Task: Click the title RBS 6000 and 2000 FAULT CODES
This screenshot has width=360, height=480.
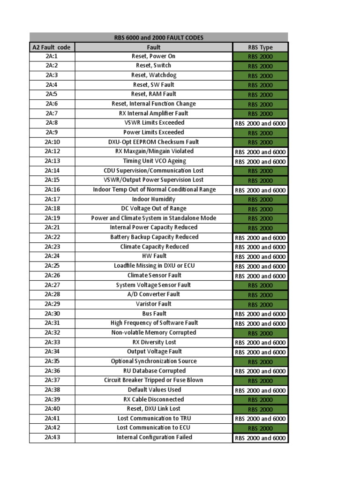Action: [159, 37]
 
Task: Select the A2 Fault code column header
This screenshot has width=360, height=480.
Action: [52, 47]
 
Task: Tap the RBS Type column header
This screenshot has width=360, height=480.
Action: [260, 47]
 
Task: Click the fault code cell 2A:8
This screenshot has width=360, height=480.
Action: [52, 123]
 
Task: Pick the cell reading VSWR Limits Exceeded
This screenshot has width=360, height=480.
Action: [153, 123]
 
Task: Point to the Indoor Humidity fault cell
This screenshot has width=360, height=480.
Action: [153, 199]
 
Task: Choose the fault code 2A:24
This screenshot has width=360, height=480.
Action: [52, 256]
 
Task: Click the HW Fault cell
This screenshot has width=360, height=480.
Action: [153, 256]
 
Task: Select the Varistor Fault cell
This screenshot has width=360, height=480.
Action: [153, 304]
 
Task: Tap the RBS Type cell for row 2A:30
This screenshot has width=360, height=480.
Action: [260, 314]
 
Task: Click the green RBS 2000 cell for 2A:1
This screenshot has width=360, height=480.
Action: [260, 57]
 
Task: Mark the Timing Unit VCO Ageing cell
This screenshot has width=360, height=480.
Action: [153, 161]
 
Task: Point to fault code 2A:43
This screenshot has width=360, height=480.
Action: [52, 437]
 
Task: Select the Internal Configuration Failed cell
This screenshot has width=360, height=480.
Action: [153, 437]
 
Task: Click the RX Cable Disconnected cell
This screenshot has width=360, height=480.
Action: [153, 399]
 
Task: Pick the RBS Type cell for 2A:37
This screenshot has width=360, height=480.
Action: [260, 381]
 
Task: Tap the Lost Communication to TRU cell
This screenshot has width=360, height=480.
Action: [153, 418]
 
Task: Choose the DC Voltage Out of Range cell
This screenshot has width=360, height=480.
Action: [153, 209]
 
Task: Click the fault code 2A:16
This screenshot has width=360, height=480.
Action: [52, 189]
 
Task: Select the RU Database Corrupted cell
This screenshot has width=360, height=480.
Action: [153, 371]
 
